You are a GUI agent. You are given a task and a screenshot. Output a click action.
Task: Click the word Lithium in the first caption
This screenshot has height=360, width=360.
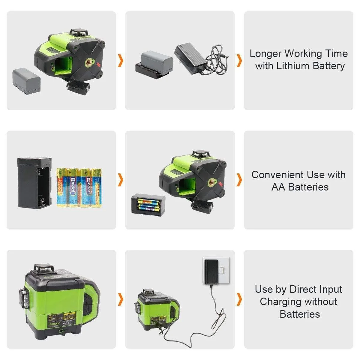coord(293,66)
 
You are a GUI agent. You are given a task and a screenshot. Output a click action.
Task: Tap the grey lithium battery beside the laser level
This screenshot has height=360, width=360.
coord(26,81)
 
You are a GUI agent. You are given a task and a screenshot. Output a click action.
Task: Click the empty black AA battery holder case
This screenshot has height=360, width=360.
coord(34,183)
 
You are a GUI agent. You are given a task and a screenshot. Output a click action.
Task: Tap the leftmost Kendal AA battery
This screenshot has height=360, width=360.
coord(61,187)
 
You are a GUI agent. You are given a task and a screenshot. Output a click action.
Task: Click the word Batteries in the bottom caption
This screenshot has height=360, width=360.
coord(299,314)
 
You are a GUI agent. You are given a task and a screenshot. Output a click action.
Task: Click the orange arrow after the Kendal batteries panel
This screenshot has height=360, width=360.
coord(121,180)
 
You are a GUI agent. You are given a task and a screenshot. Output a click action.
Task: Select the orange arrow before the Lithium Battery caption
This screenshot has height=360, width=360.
coord(239,61)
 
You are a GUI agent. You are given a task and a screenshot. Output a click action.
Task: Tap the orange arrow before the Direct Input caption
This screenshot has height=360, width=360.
coord(239,299)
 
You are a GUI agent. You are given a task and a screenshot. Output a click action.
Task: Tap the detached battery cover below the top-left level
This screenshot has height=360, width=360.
coord(78,87)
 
